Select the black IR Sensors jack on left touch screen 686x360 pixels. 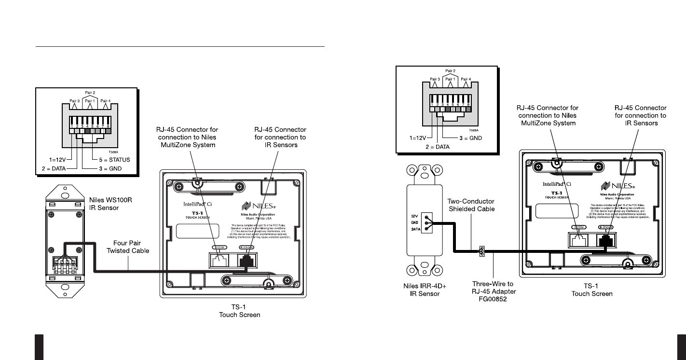pyautogui.click(x=247, y=260)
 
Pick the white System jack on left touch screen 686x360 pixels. pyautogui.click(x=220, y=260)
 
